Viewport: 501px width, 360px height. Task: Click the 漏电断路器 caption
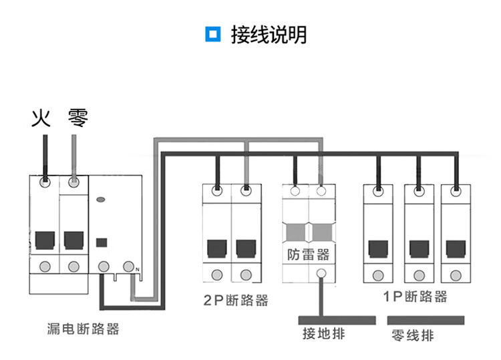click(83, 329)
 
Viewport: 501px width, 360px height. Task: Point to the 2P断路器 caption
click(235, 301)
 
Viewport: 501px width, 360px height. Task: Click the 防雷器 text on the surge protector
click(308, 254)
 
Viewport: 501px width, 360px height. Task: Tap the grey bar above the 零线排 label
click(425, 319)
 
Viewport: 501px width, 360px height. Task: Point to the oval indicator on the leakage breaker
click(102, 199)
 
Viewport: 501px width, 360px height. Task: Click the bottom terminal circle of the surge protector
click(321, 273)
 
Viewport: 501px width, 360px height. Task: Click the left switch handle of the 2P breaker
click(217, 248)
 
